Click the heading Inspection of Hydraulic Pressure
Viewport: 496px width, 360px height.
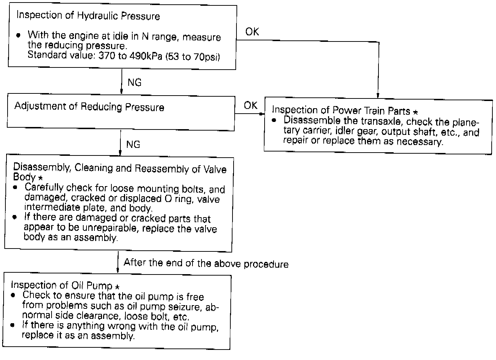tap(88, 16)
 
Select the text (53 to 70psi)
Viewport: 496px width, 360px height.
tap(192, 57)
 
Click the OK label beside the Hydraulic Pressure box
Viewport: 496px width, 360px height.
tap(252, 32)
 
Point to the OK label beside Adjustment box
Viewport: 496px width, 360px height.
tap(251, 105)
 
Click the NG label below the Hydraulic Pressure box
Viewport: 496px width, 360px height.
tap(134, 83)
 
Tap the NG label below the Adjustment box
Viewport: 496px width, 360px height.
tap(133, 145)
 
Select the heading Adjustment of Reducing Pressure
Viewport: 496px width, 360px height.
tap(89, 107)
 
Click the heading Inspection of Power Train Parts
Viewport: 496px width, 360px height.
tap(341, 110)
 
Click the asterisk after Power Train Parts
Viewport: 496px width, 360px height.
tap(415, 112)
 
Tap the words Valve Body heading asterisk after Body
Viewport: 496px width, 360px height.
tap(40, 179)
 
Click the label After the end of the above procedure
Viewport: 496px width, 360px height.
tap(206, 263)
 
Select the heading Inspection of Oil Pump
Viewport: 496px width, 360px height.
tap(62, 285)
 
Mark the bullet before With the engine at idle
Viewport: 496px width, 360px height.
tap(18, 36)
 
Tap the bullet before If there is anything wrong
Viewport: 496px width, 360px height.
tap(13, 325)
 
